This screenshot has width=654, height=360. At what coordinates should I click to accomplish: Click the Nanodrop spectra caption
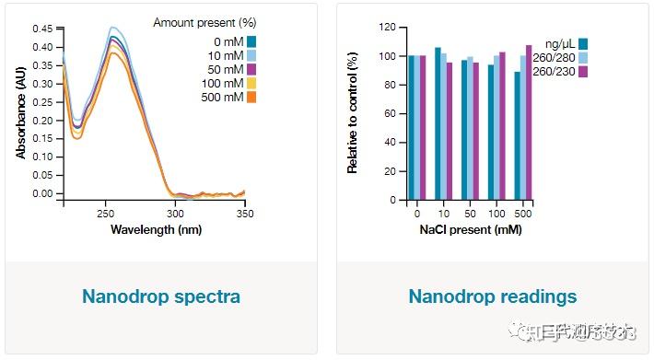[x=161, y=296]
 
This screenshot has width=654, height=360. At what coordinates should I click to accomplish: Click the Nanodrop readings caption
[x=493, y=296]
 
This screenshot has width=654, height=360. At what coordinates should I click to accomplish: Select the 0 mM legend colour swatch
[x=251, y=41]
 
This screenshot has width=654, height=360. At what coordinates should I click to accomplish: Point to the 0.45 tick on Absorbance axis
[x=41, y=29]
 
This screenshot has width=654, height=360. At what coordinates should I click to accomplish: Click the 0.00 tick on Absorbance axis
[x=41, y=193]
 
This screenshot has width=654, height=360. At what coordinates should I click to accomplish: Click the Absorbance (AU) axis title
[x=21, y=110]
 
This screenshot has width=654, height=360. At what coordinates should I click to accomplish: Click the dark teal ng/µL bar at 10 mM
[x=438, y=122]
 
